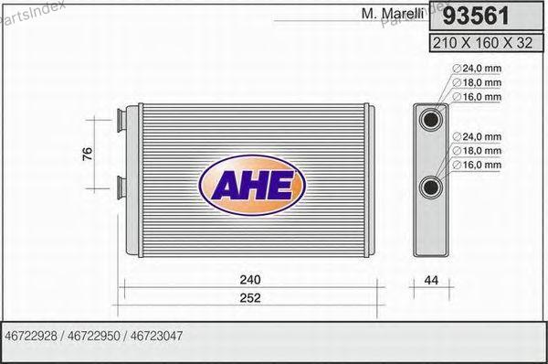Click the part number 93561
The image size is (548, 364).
click(x=476, y=16)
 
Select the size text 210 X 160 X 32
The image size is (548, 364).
click(x=482, y=43)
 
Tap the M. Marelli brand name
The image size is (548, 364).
click(x=393, y=14)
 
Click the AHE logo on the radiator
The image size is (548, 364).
click(x=252, y=185)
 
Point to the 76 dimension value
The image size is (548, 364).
click(x=88, y=154)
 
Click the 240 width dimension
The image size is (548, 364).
click(x=250, y=280)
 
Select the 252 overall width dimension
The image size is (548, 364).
click(x=250, y=298)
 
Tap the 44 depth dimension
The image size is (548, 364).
click(x=431, y=280)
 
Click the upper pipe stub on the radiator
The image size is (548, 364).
click(x=121, y=120)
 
